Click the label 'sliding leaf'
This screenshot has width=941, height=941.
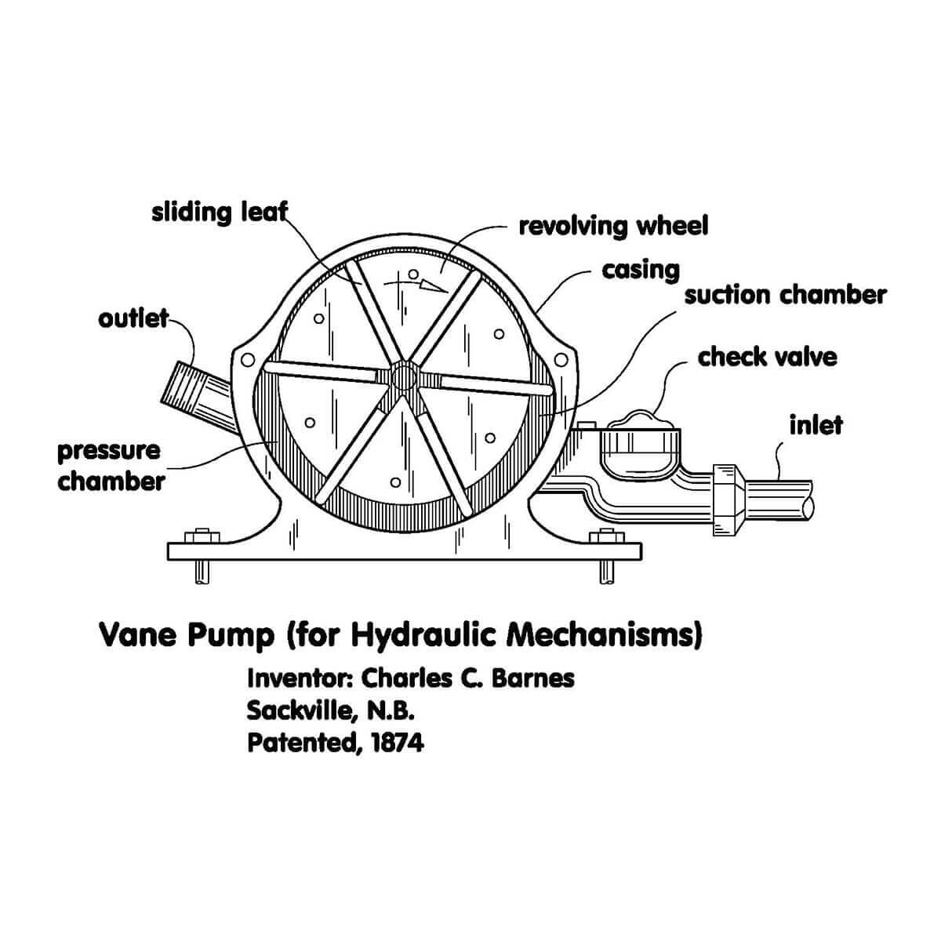click(220, 213)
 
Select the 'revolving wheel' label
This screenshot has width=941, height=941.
click(613, 227)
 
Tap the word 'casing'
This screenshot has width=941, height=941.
click(640, 271)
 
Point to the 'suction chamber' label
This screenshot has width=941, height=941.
click(785, 296)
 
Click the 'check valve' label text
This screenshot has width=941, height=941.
click(767, 358)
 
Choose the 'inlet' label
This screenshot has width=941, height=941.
click(816, 425)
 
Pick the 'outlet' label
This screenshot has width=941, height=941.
click(133, 319)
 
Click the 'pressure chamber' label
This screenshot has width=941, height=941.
click(111, 466)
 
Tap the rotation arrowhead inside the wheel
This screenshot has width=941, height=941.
click(432, 286)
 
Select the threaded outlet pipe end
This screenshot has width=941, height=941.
click(180, 388)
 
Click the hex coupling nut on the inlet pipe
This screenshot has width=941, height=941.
click(728, 500)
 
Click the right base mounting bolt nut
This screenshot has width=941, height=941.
click(607, 536)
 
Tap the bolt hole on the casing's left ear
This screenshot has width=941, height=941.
click(248, 360)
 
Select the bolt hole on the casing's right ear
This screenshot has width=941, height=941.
click(561, 360)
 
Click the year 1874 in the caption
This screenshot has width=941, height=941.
click(397, 743)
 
